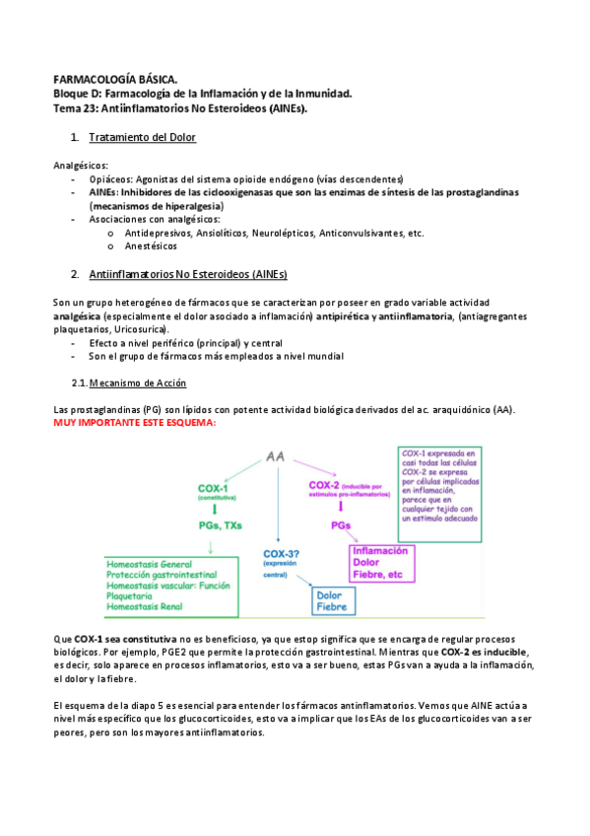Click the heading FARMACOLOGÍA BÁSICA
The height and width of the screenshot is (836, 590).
115,78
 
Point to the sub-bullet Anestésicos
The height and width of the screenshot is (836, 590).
159,246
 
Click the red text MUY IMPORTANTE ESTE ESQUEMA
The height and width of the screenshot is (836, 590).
133,423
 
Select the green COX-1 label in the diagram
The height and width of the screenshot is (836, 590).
214,488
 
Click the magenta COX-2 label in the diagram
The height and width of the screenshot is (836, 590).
325,485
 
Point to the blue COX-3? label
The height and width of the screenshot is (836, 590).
284,554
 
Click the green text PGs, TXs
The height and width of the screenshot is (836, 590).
221,525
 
